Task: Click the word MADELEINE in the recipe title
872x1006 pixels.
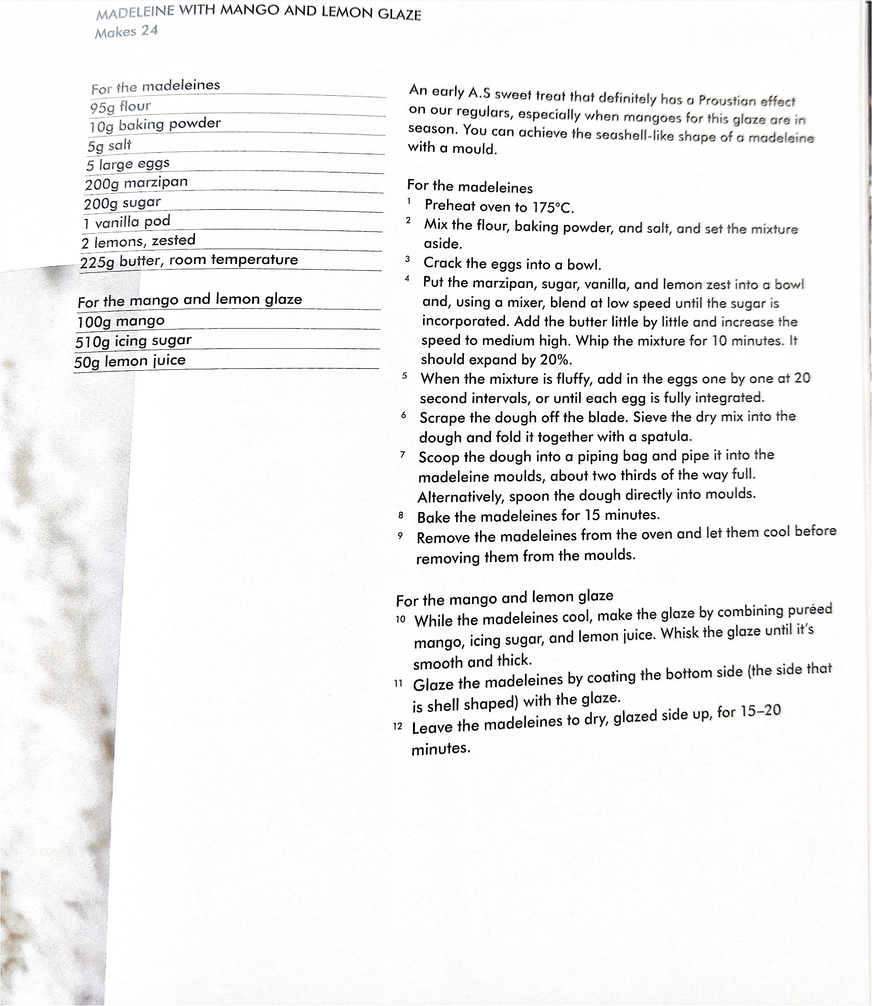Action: (x=135, y=12)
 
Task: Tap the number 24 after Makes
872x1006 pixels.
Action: (x=149, y=31)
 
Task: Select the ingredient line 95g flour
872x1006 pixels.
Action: (x=120, y=106)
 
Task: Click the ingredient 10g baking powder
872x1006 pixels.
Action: (x=155, y=125)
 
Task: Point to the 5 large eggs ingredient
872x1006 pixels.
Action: (x=128, y=164)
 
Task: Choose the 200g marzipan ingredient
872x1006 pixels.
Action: (x=136, y=183)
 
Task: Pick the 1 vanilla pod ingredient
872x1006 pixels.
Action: (x=127, y=222)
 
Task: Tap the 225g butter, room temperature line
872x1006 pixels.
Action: (x=189, y=261)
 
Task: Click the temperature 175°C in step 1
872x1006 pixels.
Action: (x=552, y=208)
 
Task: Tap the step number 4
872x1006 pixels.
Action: (x=407, y=279)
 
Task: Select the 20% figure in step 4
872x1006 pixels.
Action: (x=556, y=360)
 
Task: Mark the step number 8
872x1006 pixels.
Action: (x=401, y=515)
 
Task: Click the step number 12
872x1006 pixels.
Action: (x=398, y=726)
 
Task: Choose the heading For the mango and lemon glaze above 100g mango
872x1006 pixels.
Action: (x=190, y=300)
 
